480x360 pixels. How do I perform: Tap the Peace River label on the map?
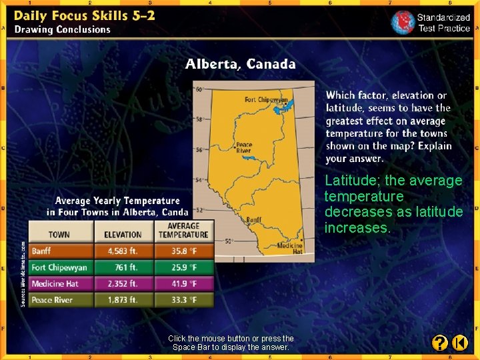[243, 147]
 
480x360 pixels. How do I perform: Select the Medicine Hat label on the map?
[289, 249]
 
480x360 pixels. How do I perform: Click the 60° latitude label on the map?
[199, 89]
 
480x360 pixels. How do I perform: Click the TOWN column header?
[59, 234]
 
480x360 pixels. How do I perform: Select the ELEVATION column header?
[123, 234]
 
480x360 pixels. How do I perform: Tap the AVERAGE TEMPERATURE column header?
[183, 230]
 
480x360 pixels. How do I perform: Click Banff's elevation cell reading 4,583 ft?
[123, 251]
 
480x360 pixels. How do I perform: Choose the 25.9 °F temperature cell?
[183, 267]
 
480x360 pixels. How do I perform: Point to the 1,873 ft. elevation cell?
[123, 299]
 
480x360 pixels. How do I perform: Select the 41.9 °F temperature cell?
[183, 283]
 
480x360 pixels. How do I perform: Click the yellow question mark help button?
[439, 343]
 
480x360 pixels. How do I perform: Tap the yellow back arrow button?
[460, 343]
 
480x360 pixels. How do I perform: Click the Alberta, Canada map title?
[240, 65]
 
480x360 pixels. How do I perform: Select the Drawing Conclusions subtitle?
[63, 29]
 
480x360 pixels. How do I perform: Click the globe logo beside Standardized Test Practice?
[403, 22]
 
